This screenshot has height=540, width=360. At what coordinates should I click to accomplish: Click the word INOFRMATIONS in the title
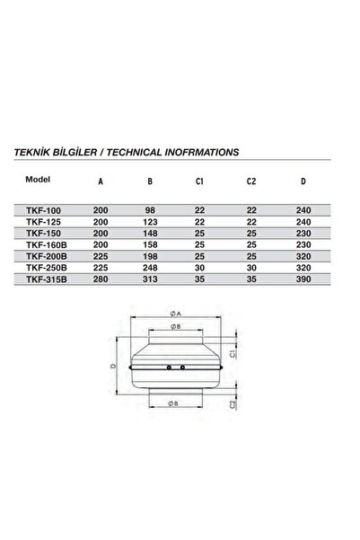point(195,153)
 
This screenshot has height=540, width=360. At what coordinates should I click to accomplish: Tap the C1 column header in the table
point(201,180)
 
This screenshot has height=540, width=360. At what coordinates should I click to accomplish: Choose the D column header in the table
point(303,180)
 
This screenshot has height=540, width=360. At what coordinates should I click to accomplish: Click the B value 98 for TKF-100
point(150,208)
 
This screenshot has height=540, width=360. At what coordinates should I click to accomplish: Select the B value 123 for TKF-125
point(150,220)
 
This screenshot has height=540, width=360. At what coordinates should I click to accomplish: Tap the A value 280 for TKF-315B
point(100,276)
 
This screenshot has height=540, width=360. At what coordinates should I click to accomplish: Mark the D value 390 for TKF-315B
point(303,276)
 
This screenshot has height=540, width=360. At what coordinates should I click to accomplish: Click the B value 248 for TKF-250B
point(150,265)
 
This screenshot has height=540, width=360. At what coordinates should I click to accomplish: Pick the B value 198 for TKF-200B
point(150,253)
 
